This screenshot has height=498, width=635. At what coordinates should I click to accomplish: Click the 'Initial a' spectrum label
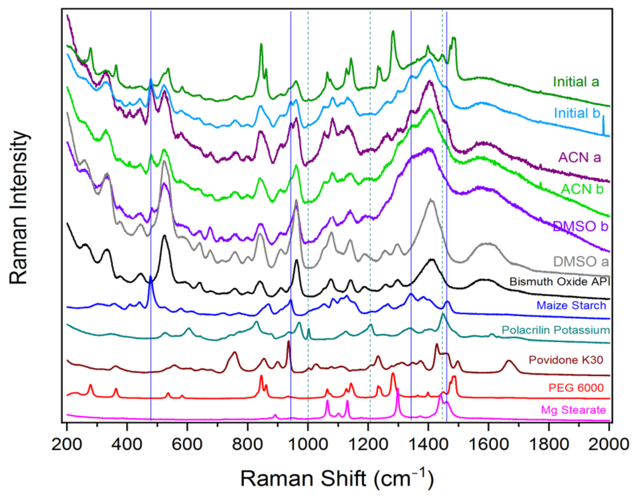tap(576, 82)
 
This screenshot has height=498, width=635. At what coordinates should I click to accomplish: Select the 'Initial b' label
tap(577, 113)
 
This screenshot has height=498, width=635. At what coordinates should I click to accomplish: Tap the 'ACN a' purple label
tap(580, 158)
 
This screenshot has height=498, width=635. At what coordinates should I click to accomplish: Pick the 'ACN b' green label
tap(582, 189)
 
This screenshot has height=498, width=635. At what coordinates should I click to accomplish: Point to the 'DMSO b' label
tap(580, 226)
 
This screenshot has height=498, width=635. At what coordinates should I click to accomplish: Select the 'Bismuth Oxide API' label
tap(560, 282)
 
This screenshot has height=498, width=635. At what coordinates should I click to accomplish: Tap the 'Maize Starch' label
tap(571, 305)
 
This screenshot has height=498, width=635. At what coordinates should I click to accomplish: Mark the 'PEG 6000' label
tap(576, 387)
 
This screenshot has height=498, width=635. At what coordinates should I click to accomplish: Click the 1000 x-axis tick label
tap(308, 445)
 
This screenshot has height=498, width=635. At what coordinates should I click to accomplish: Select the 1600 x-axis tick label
tap(488, 445)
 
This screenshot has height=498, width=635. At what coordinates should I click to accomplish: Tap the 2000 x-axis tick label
tap(609, 445)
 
